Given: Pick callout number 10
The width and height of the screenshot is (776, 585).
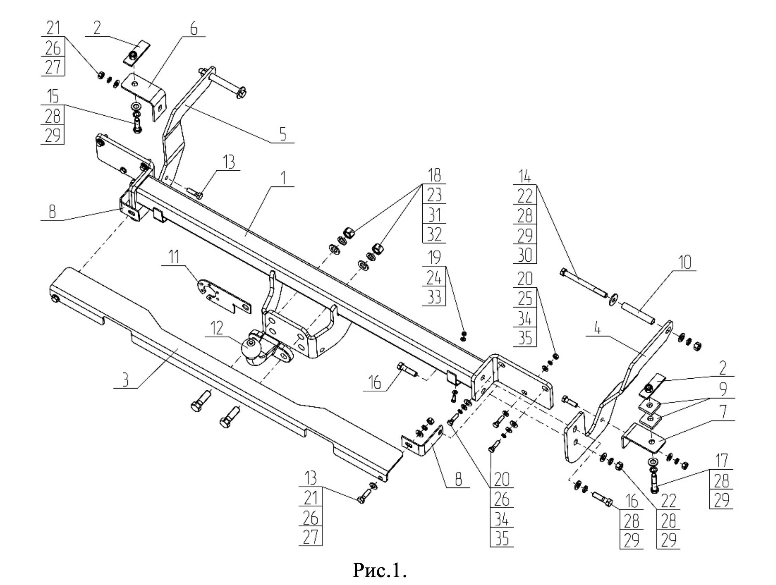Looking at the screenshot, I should point(684,262).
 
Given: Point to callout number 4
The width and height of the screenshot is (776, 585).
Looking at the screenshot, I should point(598,329).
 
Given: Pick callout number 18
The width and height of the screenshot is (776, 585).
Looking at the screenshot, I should point(434,175).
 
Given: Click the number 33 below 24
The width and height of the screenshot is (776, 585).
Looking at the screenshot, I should point(434,297).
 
